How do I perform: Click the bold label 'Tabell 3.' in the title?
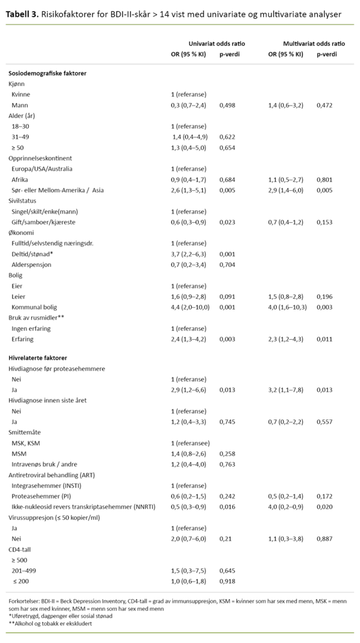pos(22,13)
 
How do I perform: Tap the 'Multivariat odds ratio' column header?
pos(314,43)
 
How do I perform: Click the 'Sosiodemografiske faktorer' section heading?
pos(47,73)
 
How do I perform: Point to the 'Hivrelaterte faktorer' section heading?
pos(38,357)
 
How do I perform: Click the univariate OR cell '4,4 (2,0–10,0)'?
pos(191,307)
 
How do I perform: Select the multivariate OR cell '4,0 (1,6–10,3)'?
pos(288,307)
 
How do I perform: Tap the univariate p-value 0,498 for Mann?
pos(227,105)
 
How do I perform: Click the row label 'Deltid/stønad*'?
pos(33,254)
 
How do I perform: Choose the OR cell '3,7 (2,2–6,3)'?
pos(189,254)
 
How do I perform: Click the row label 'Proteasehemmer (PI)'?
pos(41,496)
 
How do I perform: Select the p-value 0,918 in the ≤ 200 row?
pos(227,581)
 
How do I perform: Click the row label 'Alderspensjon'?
pos(32,264)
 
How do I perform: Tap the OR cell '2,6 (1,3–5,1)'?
pos(189,190)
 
